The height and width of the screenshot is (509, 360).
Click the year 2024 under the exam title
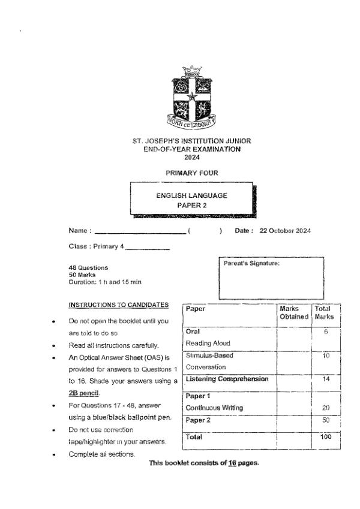(x=191, y=158)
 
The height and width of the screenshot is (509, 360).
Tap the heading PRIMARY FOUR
(x=191, y=173)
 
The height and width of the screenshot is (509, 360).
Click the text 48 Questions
(x=89, y=267)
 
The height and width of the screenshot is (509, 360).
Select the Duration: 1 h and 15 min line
(x=105, y=281)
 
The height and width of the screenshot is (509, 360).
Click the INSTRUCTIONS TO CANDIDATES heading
(x=119, y=305)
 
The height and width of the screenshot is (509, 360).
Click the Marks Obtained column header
(x=294, y=312)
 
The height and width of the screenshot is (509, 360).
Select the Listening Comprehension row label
(x=227, y=379)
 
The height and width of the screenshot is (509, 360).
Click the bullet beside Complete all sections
(x=55, y=454)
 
